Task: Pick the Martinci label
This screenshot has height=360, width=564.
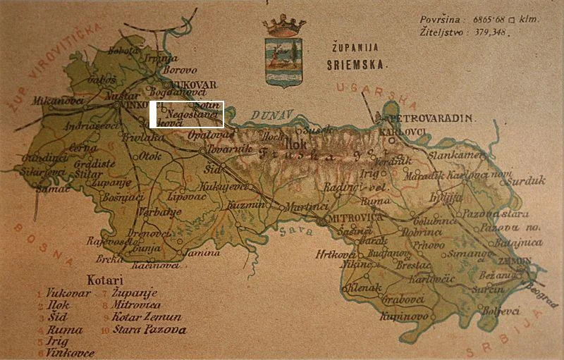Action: coord(305,207)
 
